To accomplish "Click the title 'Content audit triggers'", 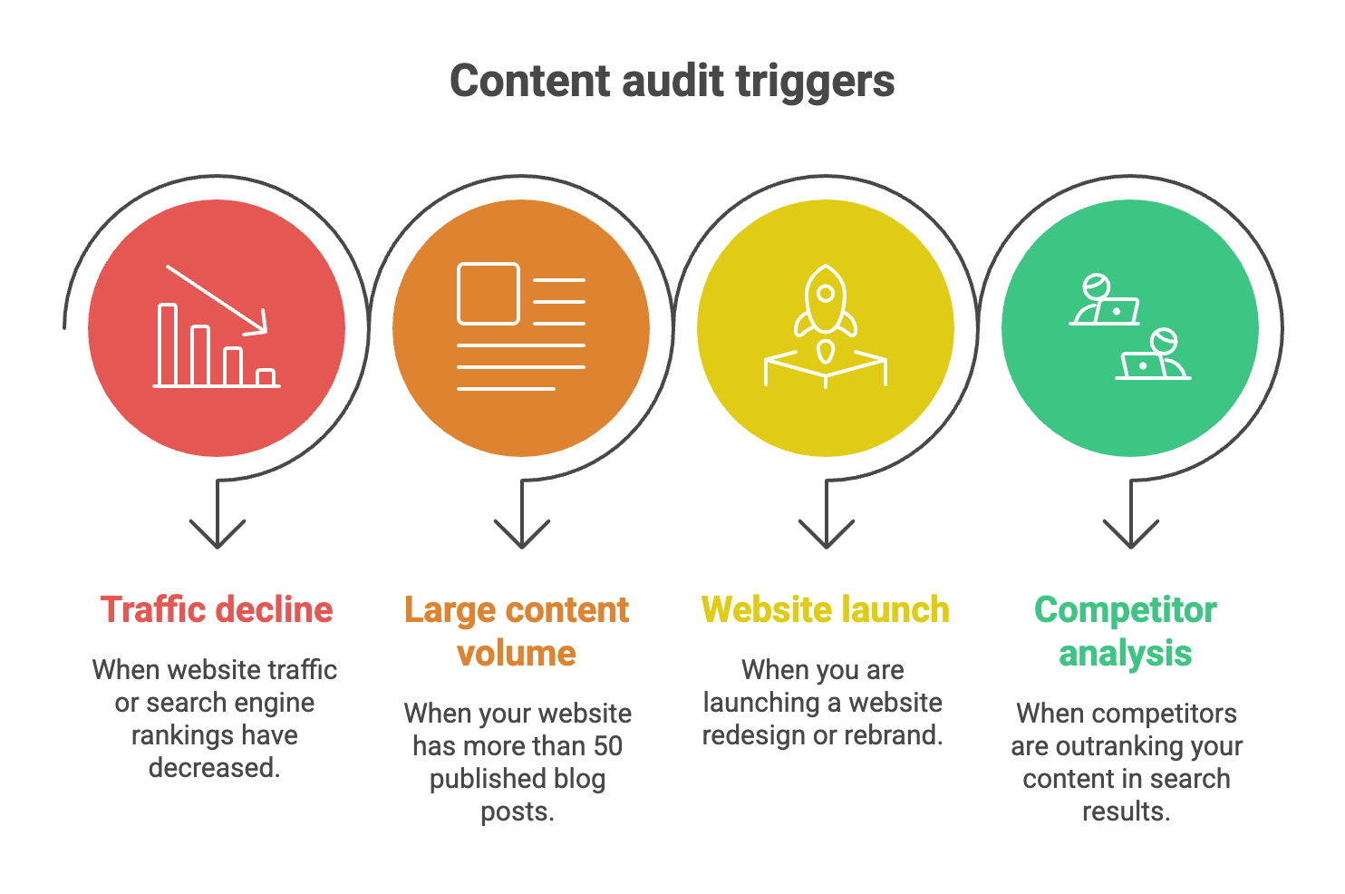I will tap(672, 81).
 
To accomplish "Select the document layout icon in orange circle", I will tap(520, 327).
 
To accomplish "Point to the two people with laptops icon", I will tap(1129, 327).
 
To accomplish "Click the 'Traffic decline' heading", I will tap(217, 610).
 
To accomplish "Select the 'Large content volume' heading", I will tap(517, 631).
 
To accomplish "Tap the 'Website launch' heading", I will tap(825, 610).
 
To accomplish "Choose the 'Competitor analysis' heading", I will tap(1126, 631).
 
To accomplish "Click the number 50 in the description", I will tap(607, 746).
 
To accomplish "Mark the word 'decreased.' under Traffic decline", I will tap(215, 768).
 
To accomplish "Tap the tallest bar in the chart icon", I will tap(168, 345).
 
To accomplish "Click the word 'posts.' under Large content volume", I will tap(517, 811).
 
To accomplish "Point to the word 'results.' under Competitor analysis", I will tap(1127, 811).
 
